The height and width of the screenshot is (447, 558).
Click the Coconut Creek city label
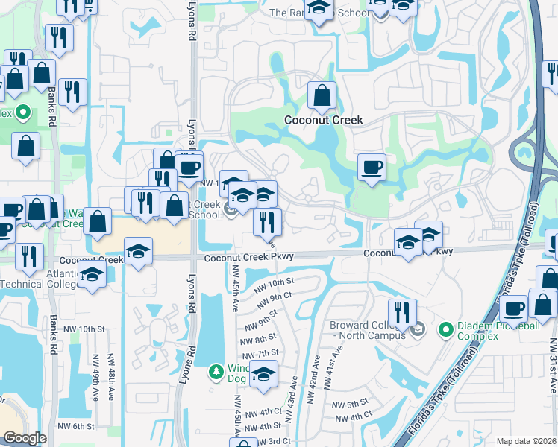323,120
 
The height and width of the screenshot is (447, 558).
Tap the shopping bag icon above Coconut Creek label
322,96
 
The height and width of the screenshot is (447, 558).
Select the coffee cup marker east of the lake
371,167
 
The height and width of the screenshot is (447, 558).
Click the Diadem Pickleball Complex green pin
446,329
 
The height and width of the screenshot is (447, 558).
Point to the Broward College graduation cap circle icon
418,329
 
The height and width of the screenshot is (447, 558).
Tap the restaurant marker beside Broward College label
402,312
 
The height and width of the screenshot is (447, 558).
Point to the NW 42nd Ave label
316,372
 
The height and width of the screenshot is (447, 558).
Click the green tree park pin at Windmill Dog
216,371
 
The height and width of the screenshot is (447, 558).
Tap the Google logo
25,438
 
